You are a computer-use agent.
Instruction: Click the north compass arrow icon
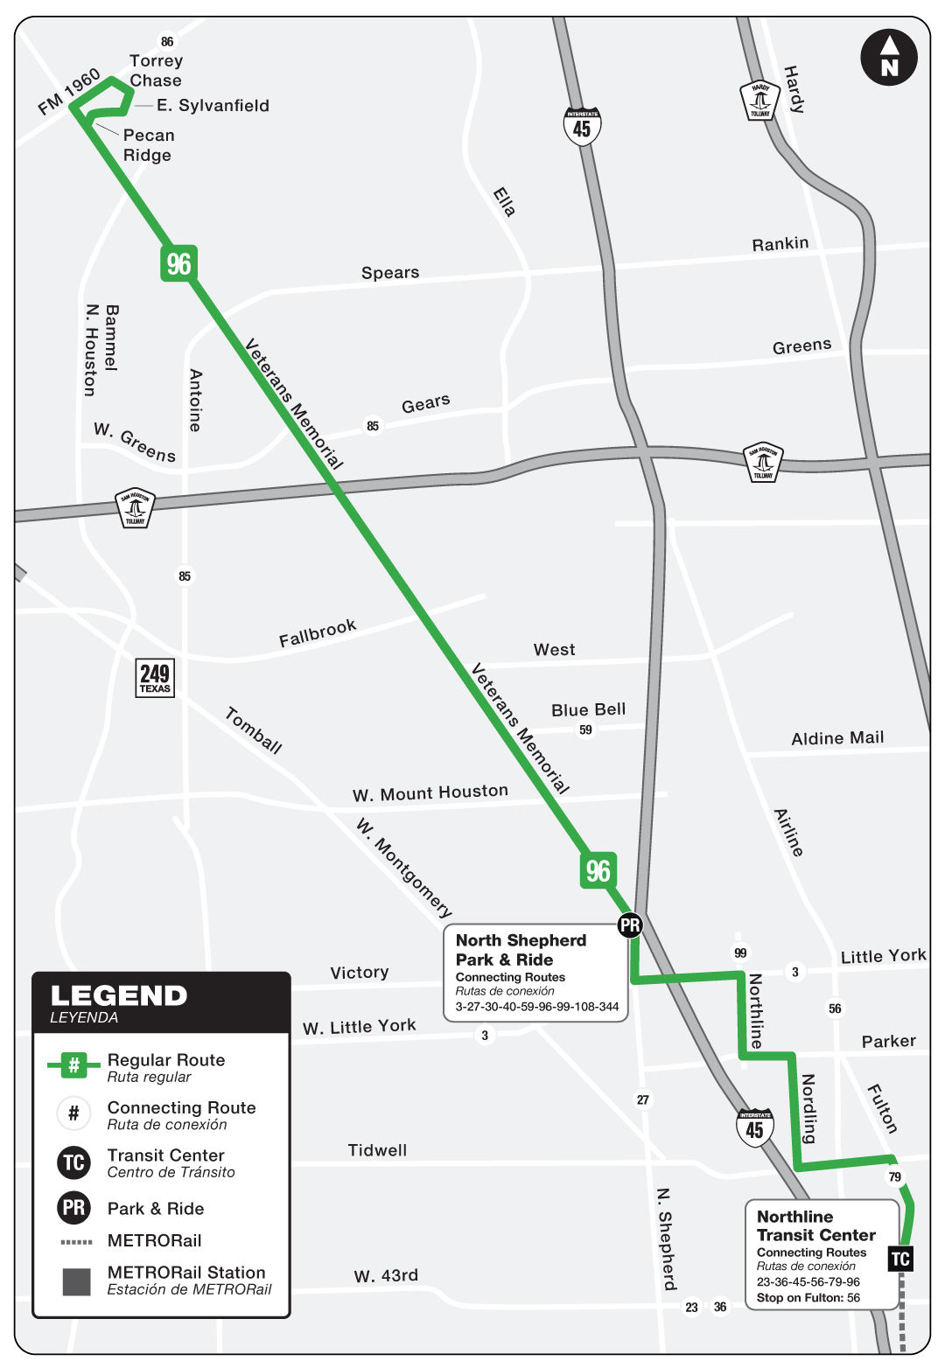pos(889,58)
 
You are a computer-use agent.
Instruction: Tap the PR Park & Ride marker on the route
pos(630,925)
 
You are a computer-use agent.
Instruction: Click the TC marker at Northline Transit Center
pos(900,1260)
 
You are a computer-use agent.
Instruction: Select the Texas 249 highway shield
pos(155,678)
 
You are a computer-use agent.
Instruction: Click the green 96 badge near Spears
pos(178,263)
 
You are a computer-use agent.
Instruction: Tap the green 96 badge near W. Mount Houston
pos(598,870)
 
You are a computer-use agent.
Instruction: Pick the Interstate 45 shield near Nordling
pos(754,1128)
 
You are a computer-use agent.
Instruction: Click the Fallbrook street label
pos(318,633)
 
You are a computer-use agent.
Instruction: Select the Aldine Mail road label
pos(837,738)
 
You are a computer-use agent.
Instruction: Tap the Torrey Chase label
pos(156,71)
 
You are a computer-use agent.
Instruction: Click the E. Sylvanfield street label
pos(213,106)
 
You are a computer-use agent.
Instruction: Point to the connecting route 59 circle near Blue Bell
pos(585,730)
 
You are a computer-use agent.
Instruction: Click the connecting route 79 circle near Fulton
pos(894,1177)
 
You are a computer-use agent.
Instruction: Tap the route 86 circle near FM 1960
pos(167,41)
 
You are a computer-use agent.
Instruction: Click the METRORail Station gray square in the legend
pos(76,1281)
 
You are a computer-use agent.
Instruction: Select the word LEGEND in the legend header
pos(119,996)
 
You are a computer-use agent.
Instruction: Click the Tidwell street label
pos(377,1150)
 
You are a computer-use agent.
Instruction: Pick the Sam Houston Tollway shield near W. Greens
pos(135,507)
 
